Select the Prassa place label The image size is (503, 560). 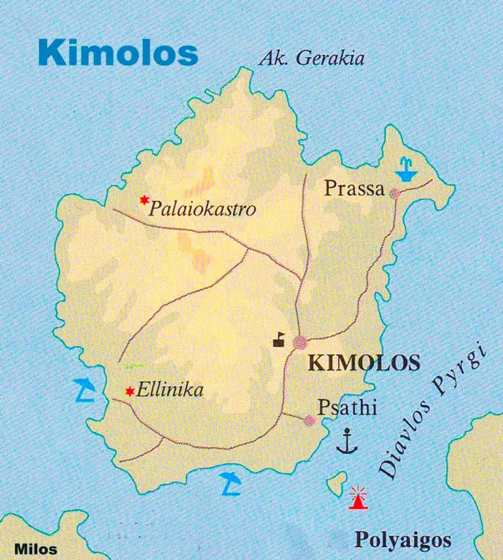(354, 189)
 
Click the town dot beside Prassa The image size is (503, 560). (394, 193)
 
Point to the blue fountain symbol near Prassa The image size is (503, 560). (406, 168)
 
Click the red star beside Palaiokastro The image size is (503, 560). (144, 200)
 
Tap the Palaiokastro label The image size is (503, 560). (202, 210)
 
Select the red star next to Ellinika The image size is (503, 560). (129, 391)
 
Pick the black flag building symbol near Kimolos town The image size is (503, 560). (280, 339)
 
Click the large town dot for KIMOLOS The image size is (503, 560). (300, 342)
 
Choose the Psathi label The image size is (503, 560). (348, 407)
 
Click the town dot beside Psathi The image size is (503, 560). (310, 420)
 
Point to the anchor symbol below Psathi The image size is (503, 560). (346, 441)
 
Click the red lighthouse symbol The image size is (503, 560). (358, 498)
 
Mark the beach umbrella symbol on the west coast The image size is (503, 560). (84, 389)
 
